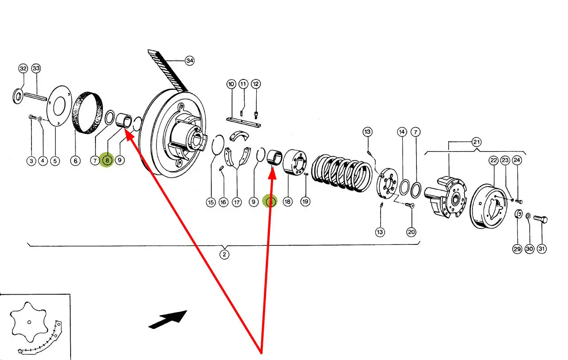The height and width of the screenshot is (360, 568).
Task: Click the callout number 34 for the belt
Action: [x=190, y=61]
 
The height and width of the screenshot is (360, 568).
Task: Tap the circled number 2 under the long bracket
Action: [x=225, y=255]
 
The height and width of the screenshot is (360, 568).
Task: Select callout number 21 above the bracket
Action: [x=476, y=142]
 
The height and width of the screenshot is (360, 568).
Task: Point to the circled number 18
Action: [x=288, y=202]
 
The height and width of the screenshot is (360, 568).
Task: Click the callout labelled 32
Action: [x=23, y=68]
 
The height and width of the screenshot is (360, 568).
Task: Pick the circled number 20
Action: [x=412, y=232]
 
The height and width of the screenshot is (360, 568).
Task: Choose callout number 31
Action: [x=542, y=249]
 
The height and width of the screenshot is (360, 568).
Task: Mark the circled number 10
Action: [x=231, y=84]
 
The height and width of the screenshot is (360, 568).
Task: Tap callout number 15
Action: [x=211, y=202]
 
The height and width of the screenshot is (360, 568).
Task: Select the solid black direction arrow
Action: [x=168, y=319]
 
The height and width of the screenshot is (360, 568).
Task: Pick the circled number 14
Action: [x=401, y=132]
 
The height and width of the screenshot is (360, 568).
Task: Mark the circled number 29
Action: [x=517, y=249]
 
